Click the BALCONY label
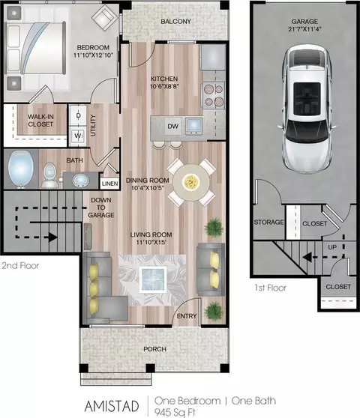tap(175, 21)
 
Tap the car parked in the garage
tap(307, 109)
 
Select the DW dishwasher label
tap(172, 126)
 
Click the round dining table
tap(191, 182)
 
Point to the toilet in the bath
tap(49, 175)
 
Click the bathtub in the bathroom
tap(20, 169)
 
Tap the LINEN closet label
tap(109, 184)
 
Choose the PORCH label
tap(154, 349)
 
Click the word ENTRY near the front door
tap(187, 316)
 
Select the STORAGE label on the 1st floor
tap(268, 222)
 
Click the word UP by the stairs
tap(332, 247)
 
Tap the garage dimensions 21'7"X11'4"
tap(304, 28)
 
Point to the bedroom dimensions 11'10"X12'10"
tap(94, 55)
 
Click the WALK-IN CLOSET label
tap(40, 121)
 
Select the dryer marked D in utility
tap(78, 115)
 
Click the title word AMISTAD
tap(112, 406)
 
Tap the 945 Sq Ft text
tap(175, 412)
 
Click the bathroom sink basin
tap(79, 181)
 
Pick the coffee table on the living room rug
tap(153, 279)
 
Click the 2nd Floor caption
tap(20, 265)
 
